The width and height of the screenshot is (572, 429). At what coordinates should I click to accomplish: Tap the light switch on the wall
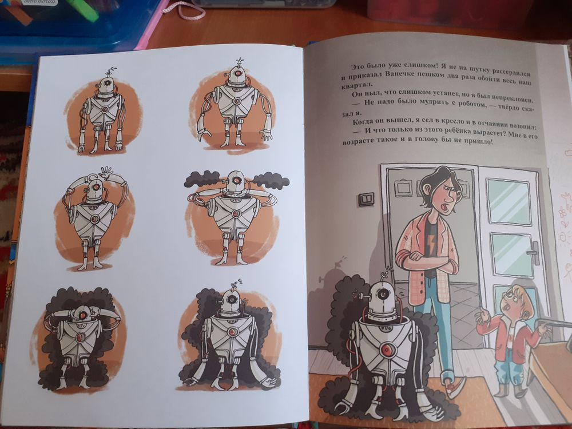click(x=366, y=198)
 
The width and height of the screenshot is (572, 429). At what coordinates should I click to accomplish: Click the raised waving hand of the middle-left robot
click(x=106, y=172)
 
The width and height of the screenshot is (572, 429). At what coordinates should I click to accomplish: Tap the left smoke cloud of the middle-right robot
click(x=203, y=178)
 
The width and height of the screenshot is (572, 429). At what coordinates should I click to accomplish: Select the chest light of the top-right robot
click(x=236, y=100)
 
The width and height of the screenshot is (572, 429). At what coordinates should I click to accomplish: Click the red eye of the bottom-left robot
click(x=83, y=315)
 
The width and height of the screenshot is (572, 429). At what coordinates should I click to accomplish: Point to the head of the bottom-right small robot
click(x=231, y=301)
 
